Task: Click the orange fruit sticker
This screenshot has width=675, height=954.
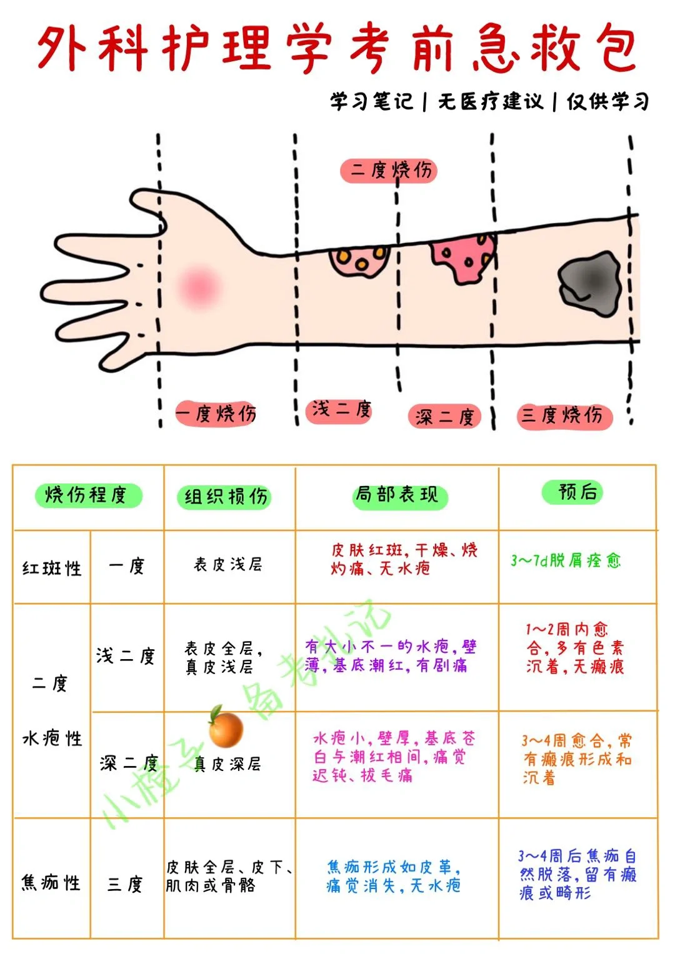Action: tap(225, 728)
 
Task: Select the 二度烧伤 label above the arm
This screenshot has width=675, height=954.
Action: tap(388, 170)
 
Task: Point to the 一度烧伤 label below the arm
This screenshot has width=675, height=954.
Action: tap(216, 413)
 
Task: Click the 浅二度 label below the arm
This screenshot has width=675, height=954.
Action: tap(341, 410)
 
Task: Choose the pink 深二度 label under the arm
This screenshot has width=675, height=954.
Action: tap(444, 417)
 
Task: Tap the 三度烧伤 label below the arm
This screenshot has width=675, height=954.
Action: tap(562, 415)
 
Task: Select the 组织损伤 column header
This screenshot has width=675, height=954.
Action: tap(226, 497)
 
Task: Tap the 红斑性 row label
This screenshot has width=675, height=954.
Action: tap(52, 569)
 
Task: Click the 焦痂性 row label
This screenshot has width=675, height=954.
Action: tap(51, 882)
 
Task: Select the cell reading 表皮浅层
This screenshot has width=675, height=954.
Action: tap(228, 565)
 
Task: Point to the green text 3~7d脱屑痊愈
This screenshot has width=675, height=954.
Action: tap(566, 560)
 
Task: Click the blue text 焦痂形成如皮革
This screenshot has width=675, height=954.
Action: tap(394, 867)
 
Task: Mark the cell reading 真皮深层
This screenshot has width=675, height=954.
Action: tap(228, 764)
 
